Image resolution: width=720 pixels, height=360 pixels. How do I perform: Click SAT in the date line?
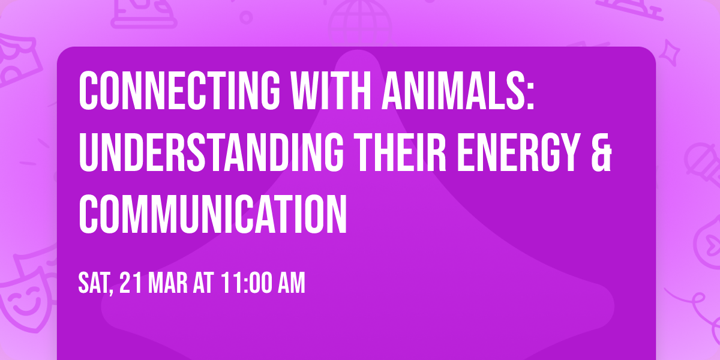(95, 284)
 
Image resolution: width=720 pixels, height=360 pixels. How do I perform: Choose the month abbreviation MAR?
(169, 284)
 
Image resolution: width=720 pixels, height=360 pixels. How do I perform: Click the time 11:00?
(245, 284)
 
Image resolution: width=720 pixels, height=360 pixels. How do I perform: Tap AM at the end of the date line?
(290, 284)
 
